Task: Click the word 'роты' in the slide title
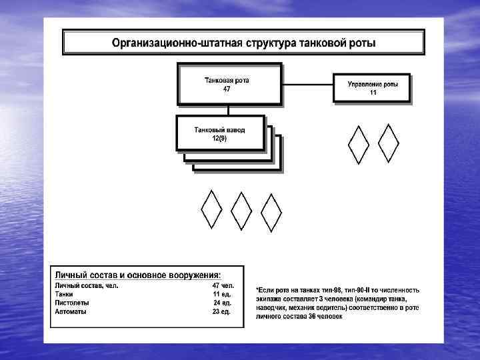click(360, 43)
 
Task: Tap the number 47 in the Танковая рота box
click(227, 89)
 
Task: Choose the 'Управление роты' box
click(372, 87)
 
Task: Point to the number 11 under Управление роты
click(373, 93)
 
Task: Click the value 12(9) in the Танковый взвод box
click(219, 138)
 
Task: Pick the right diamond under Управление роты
click(389, 143)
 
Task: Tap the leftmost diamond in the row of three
click(211, 211)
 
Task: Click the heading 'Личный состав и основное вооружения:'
click(139, 275)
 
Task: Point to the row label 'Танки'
click(64, 294)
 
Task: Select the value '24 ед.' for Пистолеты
click(221, 303)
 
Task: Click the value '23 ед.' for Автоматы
click(221, 311)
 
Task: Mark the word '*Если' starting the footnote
click(265, 291)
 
